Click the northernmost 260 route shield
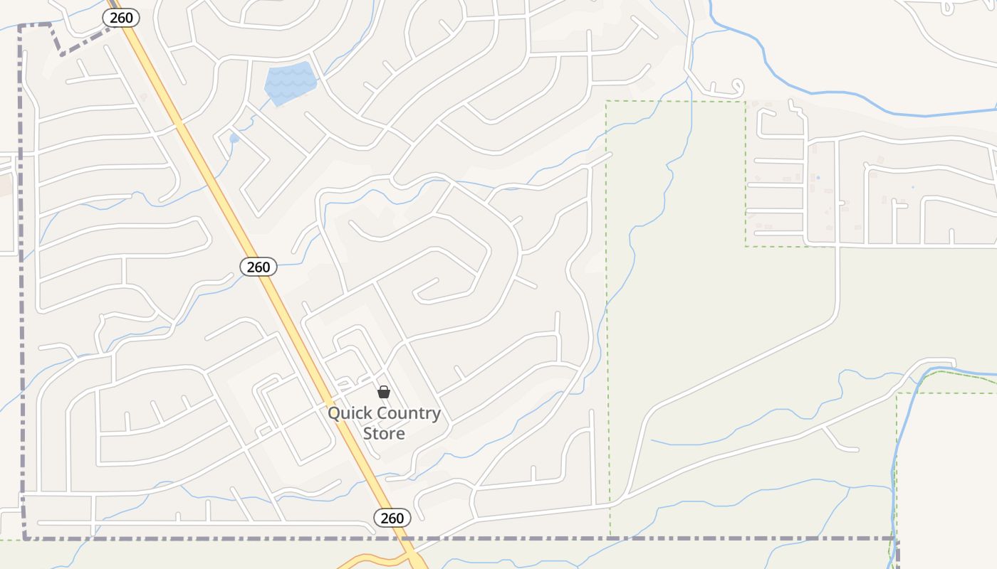[121, 18]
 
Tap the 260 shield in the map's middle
[258, 267]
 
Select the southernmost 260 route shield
[392, 518]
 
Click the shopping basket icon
[384, 392]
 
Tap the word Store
[384, 433]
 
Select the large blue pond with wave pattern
[291, 83]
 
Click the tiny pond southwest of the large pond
[234, 138]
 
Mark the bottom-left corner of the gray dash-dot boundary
[25, 538]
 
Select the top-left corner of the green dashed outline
[606, 102]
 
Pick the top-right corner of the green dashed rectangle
[745, 102]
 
